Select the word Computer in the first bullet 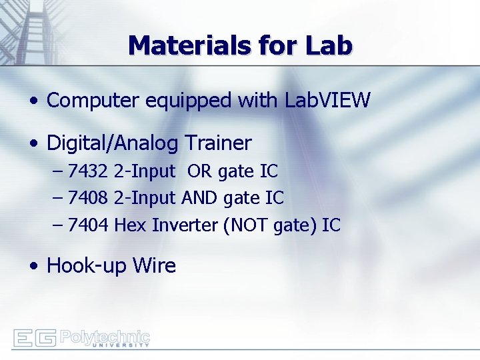[x=89, y=101]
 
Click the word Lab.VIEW [x=327, y=101]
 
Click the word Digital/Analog [x=113, y=143]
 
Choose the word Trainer [x=218, y=143]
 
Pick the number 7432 [x=89, y=171]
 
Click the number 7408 [x=89, y=198]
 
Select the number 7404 [x=89, y=225]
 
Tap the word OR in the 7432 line [x=199, y=171]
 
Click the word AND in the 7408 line [x=199, y=198]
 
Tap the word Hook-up [x=86, y=266]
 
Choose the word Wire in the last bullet [x=154, y=265]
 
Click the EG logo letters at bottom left [x=35, y=338]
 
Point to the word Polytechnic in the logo [x=105, y=336]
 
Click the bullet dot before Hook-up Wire [x=33, y=267]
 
